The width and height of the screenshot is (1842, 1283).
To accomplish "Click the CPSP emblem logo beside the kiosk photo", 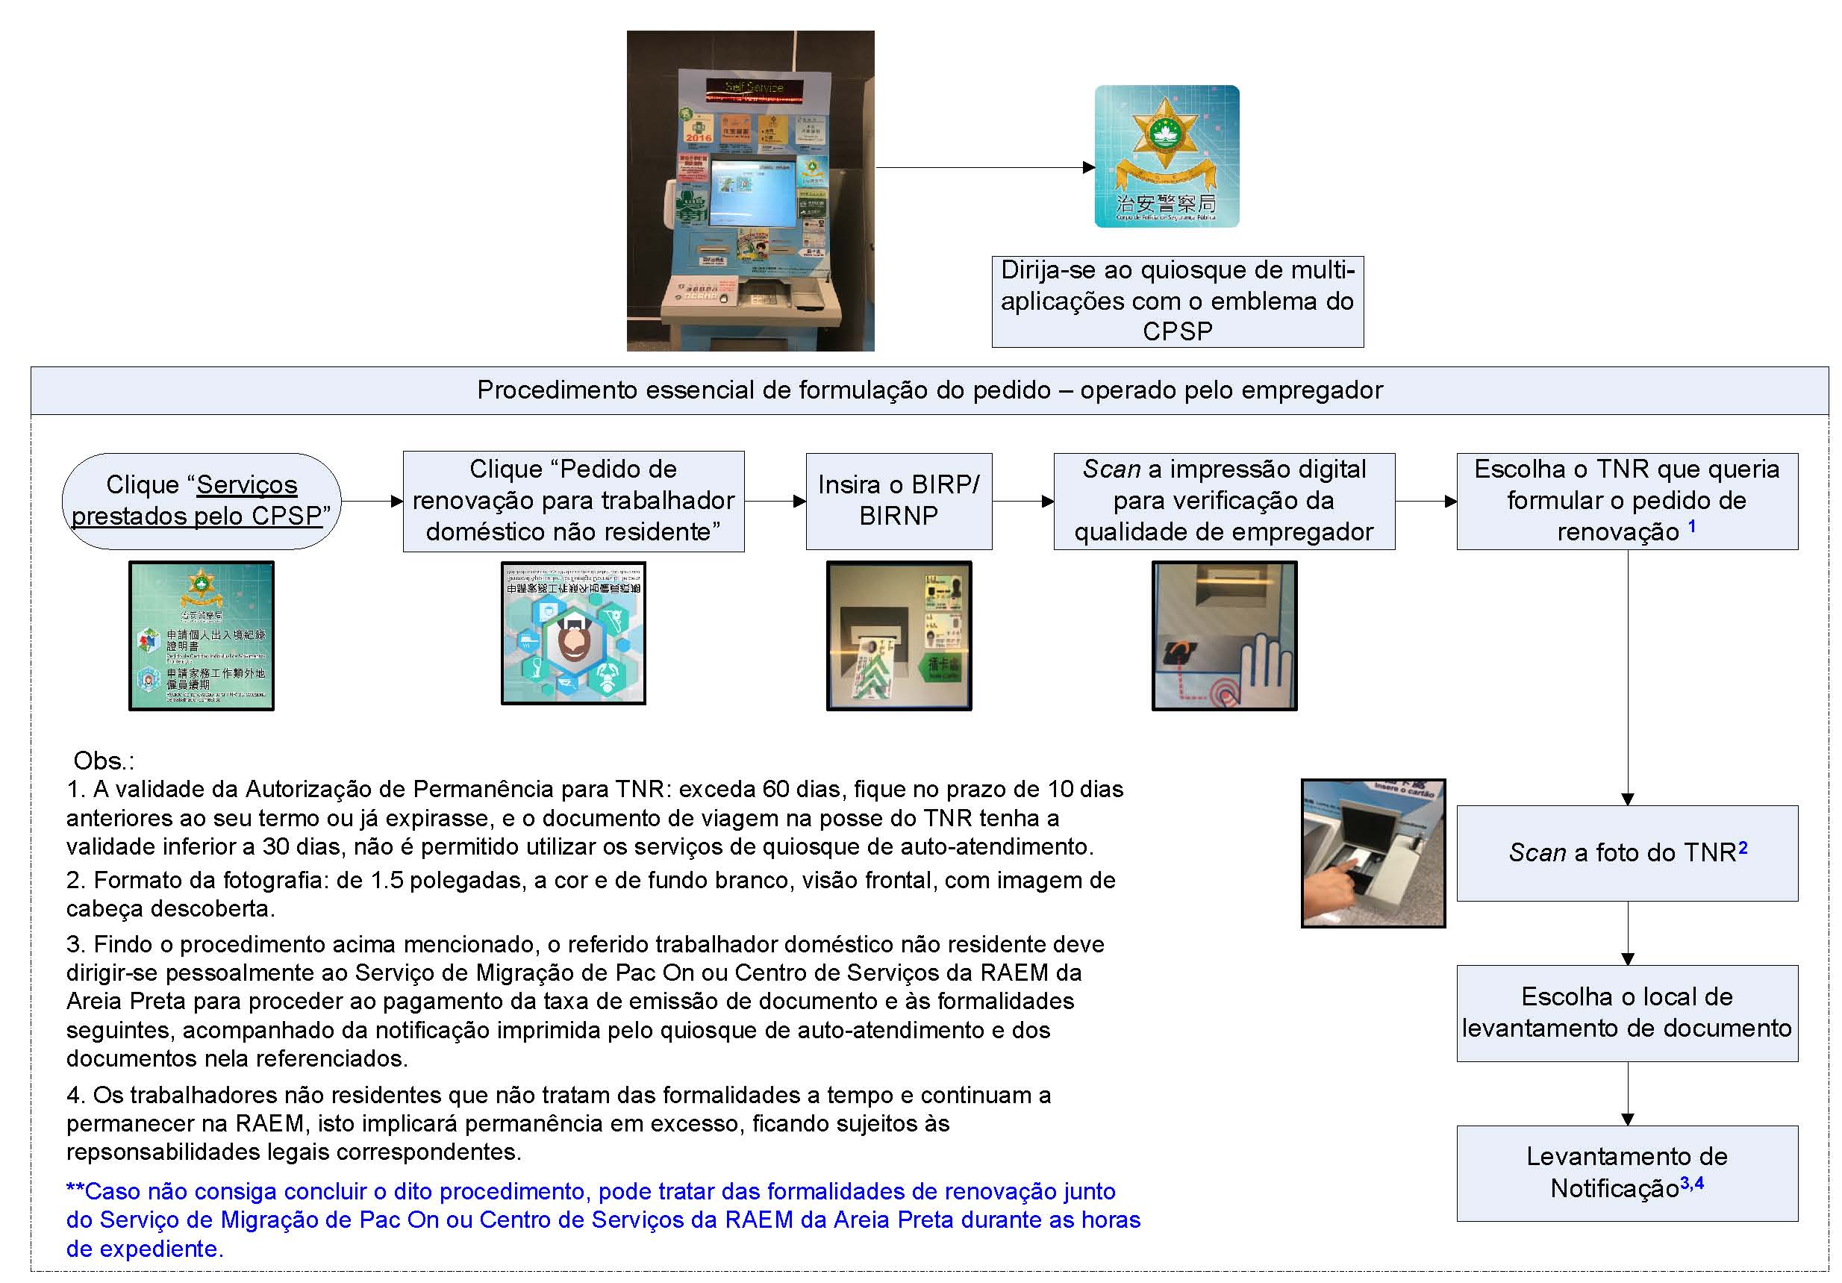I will pyautogui.click(x=1167, y=157).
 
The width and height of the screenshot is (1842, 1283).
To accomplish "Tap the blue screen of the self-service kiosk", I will pyautogui.click(x=752, y=193).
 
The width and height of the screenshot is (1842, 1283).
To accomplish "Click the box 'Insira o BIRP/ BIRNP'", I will pyautogui.click(x=899, y=501).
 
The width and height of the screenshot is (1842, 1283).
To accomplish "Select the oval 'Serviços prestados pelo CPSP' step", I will pyautogui.click(x=202, y=501).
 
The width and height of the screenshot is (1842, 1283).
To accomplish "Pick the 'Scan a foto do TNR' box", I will pyautogui.click(x=1627, y=853).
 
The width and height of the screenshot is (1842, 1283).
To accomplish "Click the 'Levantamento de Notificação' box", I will pyautogui.click(x=1627, y=1173).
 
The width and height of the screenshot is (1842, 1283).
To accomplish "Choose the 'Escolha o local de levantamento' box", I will pyautogui.click(x=1627, y=1013).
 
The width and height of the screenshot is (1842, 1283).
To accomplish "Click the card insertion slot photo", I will pyautogui.click(x=899, y=635).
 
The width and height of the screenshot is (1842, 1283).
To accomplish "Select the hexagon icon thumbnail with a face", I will pyautogui.click(x=572, y=633).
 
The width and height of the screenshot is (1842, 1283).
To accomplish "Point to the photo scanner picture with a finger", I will pyautogui.click(x=1373, y=853).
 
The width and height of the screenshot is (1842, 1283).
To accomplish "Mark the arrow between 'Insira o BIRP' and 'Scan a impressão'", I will pyautogui.click(x=1022, y=502).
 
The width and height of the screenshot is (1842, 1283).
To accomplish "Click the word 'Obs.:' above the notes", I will pyautogui.click(x=104, y=761).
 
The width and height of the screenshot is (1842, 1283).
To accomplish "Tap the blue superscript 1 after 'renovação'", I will pyautogui.click(x=1692, y=526).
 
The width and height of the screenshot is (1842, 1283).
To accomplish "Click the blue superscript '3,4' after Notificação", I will pyautogui.click(x=1692, y=1183).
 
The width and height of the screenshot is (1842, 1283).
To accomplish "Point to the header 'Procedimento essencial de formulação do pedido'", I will pyautogui.click(x=929, y=390).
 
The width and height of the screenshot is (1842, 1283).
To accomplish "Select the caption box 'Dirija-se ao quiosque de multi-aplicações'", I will pyautogui.click(x=1177, y=301).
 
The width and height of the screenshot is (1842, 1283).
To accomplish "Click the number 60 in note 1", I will pyautogui.click(x=775, y=790).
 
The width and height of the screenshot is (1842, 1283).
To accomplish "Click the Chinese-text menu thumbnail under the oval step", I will pyautogui.click(x=202, y=635).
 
